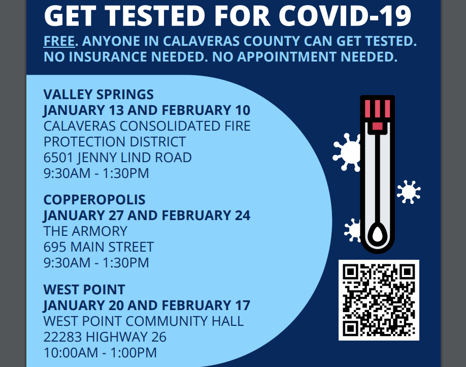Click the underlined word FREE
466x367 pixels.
tap(59, 41)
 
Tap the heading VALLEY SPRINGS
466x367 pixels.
tap(98, 95)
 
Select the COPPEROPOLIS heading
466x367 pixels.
tap(94, 199)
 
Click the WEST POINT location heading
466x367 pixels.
tap(84, 290)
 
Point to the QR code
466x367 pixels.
tap(379, 300)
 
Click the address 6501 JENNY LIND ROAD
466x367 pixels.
tap(117, 158)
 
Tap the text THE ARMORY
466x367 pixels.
tap(85, 231)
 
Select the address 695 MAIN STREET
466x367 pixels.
tap(98, 247)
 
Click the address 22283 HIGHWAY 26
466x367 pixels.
tap(105, 337)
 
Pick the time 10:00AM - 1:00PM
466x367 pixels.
tap(100, 353)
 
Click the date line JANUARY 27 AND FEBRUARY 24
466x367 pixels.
tap(147, 215)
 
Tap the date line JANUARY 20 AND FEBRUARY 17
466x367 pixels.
tap(147, 305)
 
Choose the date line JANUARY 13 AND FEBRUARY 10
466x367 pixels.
tap(147, 110)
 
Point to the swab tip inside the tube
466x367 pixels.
tap(378, 234)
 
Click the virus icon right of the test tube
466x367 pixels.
tap(409, 192)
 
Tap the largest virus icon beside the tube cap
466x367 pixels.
tap(347, 152)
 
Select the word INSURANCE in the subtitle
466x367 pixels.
tap(109, 57)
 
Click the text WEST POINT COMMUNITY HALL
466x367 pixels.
tap(144, 321)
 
